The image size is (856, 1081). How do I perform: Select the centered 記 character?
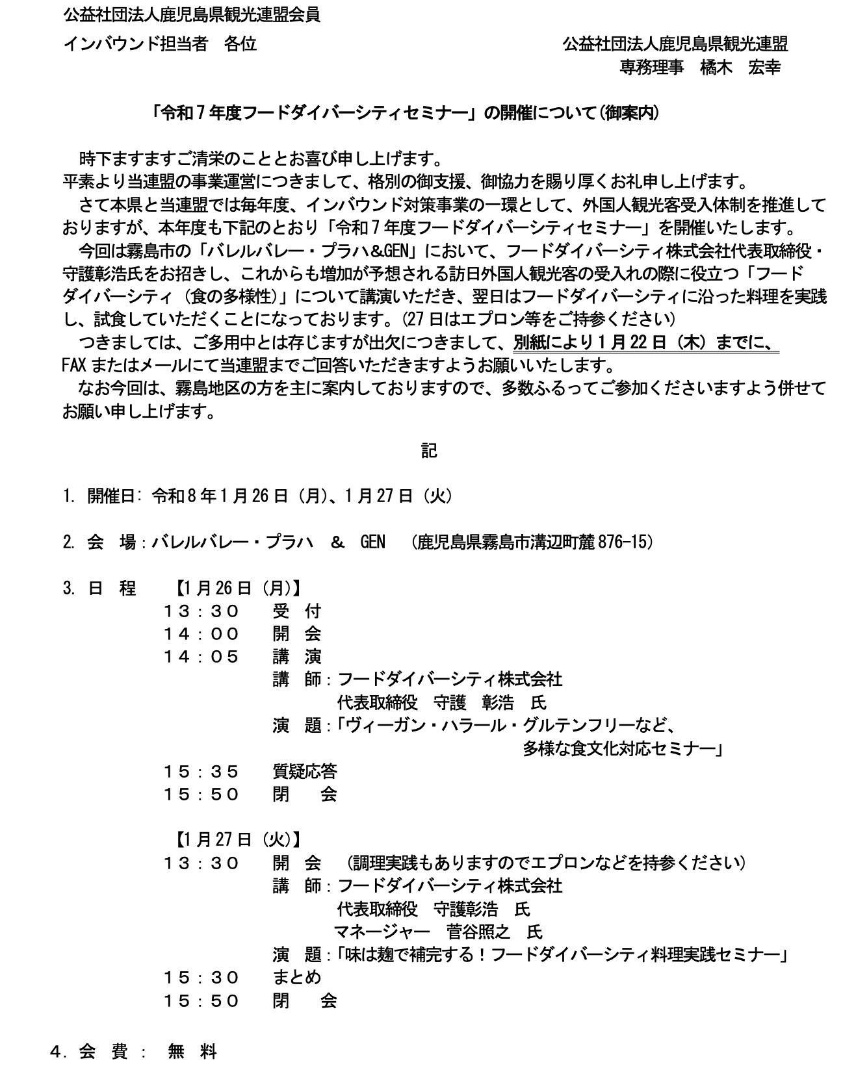(428, 450)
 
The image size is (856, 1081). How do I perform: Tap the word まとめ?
(296, 978)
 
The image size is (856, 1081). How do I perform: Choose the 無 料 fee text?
(192, 1052)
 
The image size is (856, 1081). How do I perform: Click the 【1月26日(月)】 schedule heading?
(238, 588)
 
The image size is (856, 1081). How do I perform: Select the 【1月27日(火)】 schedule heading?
(238, 839)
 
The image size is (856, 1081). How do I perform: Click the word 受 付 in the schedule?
(296, 611)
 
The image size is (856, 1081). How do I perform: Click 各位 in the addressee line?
(240, 44)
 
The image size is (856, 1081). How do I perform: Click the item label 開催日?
(111, 496)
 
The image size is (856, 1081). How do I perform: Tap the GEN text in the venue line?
(372, 541)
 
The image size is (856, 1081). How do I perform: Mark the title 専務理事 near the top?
(651, 68)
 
